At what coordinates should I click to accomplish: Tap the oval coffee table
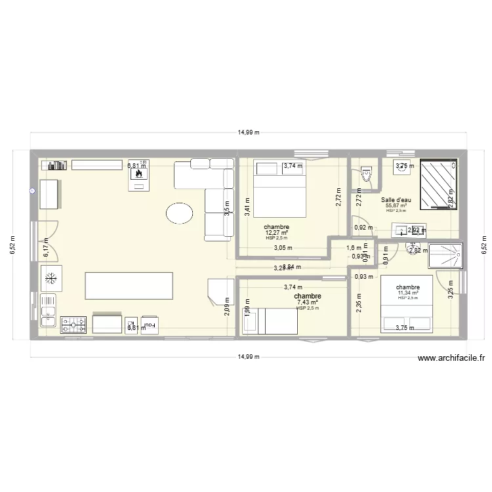(179, 213)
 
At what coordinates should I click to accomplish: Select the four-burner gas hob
(73, 325)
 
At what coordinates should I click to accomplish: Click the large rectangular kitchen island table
(129, 286)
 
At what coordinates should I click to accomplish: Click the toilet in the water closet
(365, 174)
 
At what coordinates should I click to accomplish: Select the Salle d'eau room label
(396, 200)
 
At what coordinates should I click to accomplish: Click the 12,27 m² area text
(277, 233)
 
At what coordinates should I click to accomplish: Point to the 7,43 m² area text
(307, 302)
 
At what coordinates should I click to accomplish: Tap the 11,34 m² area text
(407, 293)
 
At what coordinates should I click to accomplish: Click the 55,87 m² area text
(396, 206)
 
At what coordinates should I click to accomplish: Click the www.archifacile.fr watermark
(451, 358)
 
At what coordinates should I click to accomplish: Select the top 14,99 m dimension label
(248, 132)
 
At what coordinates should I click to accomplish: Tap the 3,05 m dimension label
(283, 248)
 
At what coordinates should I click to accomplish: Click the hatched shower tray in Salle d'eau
(436, 183)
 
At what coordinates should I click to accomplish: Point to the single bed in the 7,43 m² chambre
(271, 321)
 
